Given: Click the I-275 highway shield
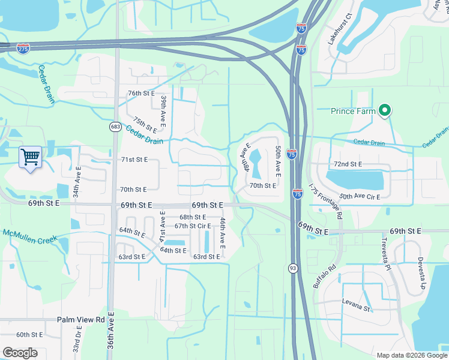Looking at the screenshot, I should pos(23,48).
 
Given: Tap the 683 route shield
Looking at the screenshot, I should pos(115,127).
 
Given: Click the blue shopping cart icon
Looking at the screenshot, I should pos(30,157).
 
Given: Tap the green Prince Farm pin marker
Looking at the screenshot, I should pos(385,111).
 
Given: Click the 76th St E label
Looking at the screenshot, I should pos(142,94).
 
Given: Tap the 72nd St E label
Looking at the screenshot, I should pos(348,164).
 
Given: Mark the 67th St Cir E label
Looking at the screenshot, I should pos(193,226).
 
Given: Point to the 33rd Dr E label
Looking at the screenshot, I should pos(77,340).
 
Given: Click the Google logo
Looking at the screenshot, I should pos(20,353).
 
